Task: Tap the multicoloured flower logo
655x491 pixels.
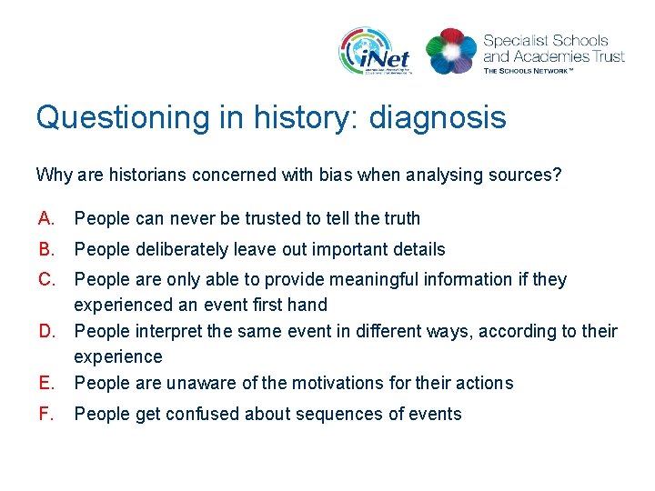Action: tap(450, 51)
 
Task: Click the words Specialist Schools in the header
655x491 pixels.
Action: tap(545, 41)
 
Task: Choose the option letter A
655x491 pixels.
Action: tap(46, 218)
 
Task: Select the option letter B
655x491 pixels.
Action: tap(46, 249)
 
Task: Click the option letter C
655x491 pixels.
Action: tap(46, 279)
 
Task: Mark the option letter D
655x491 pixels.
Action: tap(46, 332)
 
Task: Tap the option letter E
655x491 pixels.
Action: tap(46, 383)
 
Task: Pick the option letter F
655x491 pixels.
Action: tap(45, 415)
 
